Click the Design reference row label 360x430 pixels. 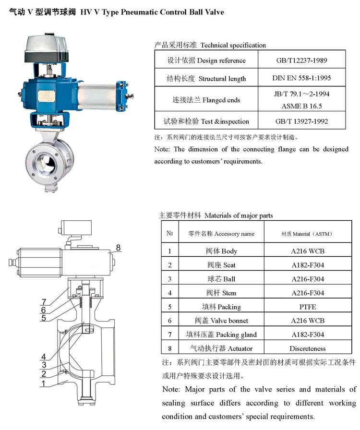(206, 60)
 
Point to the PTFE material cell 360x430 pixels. (307, 307)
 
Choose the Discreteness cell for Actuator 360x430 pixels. (307, 348)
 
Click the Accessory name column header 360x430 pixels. (221, 234)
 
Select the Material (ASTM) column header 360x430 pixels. (307, 234)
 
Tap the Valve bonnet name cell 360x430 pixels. (221, 321)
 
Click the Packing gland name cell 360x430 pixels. (221, 334)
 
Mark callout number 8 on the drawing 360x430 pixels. (118, 248)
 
